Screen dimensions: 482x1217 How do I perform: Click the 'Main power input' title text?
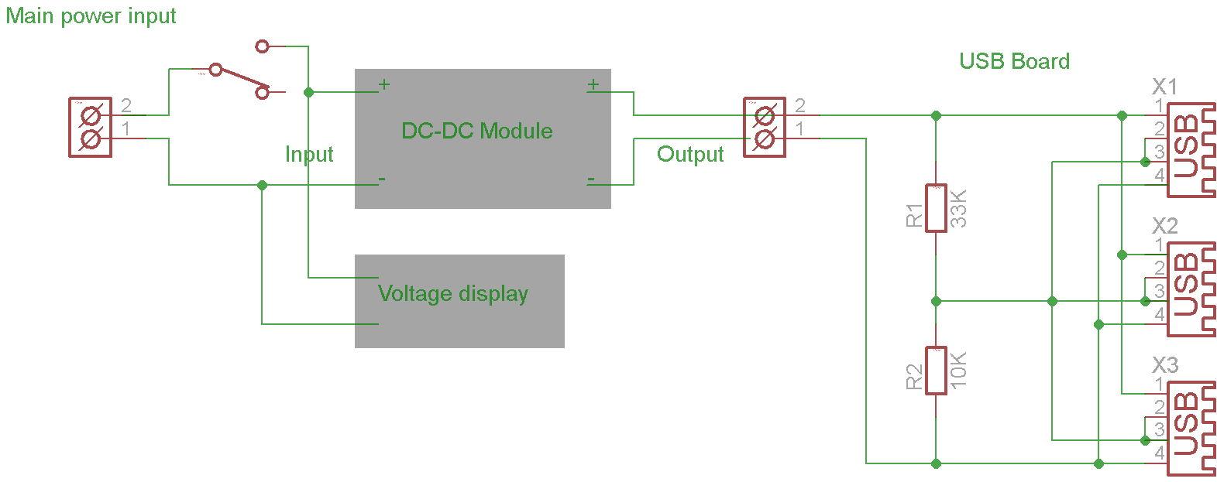(x=91, y=16)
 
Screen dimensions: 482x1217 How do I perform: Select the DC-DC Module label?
(x=476, y=131)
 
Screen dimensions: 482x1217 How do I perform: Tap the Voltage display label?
(x=452, y=294)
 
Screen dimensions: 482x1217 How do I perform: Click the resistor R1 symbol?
(x=936, y=208)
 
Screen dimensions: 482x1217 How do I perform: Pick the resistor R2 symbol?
(x=936, y=371)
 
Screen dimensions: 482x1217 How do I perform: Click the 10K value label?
(x=958, y=370)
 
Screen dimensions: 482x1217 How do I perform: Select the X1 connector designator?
(x=1164, y=87)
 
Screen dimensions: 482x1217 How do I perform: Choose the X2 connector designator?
(x=1164, y=226)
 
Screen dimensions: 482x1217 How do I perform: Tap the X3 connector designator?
(x=1164, y=365)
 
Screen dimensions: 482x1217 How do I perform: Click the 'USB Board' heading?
(x=1014, y=62)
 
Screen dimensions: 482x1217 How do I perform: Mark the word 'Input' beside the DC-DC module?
(x=309, y=155)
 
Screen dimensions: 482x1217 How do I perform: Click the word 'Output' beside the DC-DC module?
(x=690, y=155)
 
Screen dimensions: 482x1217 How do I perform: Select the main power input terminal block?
(x=91, y=128)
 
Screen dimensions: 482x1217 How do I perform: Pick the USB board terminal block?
(x=765, y=128)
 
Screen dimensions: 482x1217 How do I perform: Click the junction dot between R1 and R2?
(x=936, y=301)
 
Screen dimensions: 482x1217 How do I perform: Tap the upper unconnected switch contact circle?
(x=262, y=46)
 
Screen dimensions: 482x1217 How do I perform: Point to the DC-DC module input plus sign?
(x=383, y=84)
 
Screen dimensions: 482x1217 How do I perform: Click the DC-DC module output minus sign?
(x=591, y=179)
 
